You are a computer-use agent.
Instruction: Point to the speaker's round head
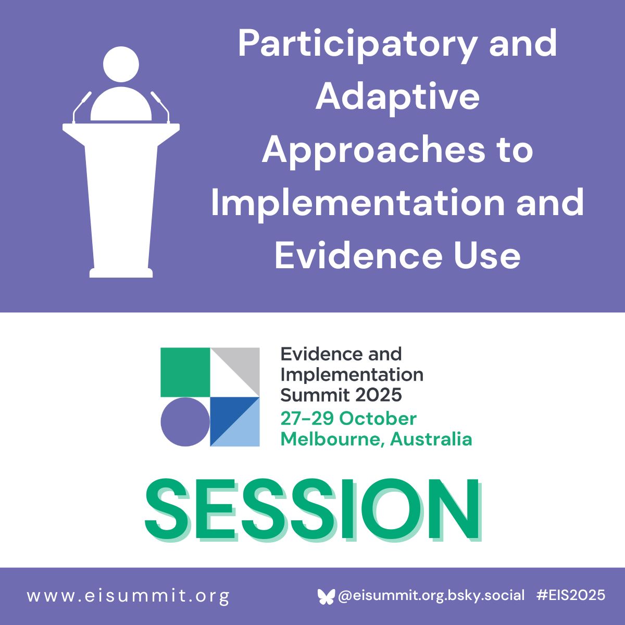121,64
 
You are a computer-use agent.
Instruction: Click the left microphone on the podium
81,107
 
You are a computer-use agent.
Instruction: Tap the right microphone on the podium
160,107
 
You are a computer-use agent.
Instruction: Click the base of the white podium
121,273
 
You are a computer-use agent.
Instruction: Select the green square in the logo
185,372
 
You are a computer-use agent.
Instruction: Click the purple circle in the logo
185,422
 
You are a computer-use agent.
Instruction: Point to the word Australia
431,440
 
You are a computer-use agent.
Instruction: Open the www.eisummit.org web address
129,596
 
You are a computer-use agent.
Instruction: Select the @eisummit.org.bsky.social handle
431,595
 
